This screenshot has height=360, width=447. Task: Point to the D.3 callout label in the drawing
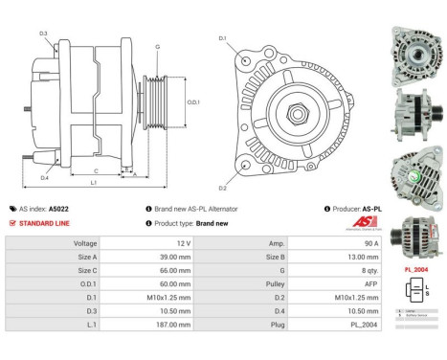click(44, 34)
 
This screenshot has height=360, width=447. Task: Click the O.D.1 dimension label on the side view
click(192, 102)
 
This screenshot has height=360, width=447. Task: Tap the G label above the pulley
click(157, 47)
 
